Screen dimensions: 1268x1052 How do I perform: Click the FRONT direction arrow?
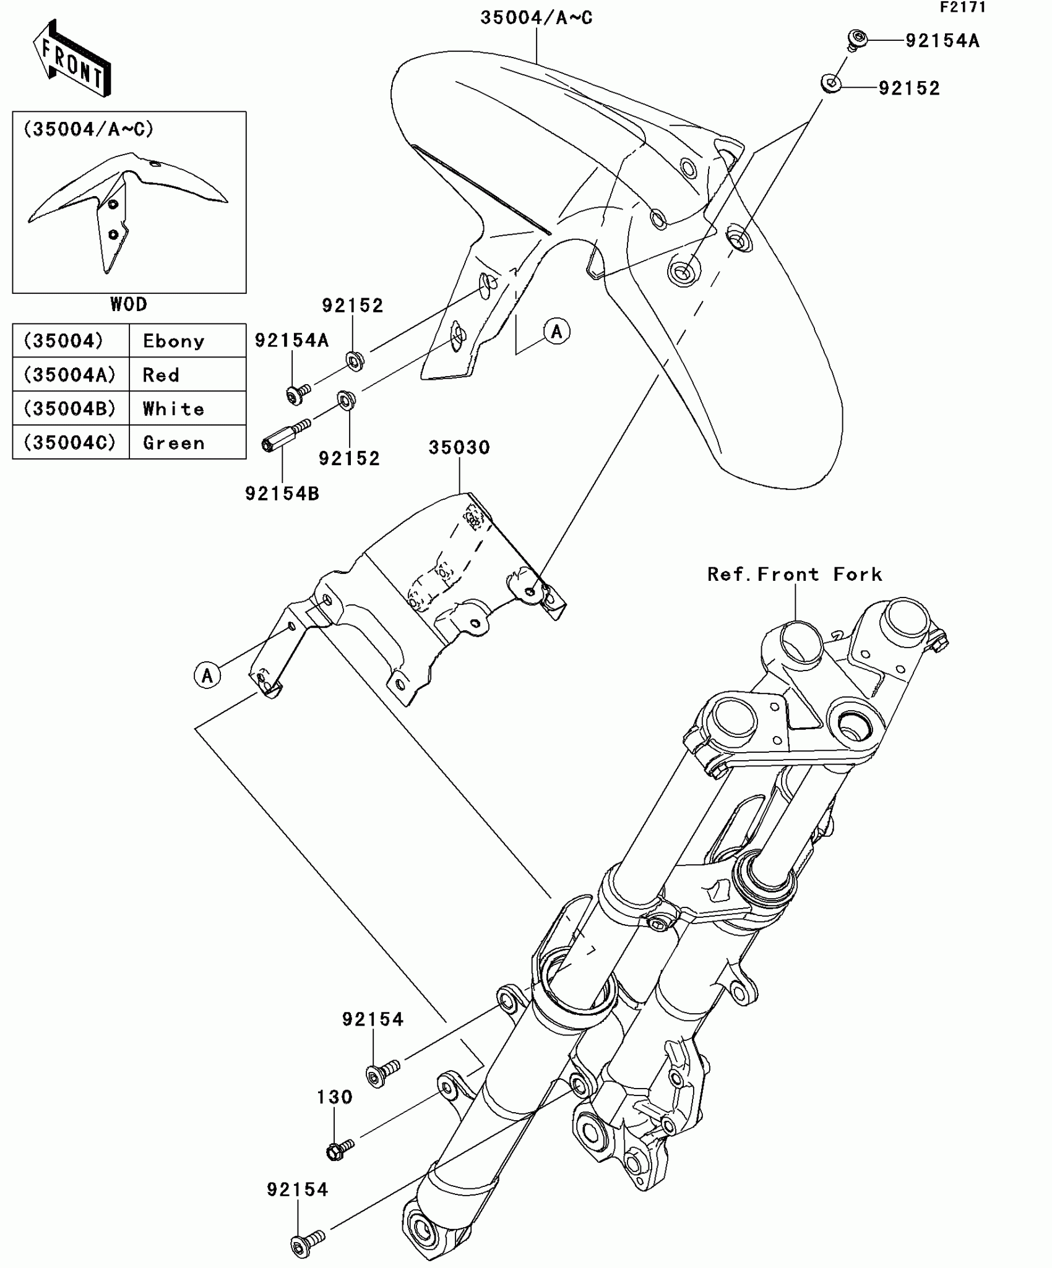pos(71,59)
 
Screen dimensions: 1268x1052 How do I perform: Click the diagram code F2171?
pos(962,7)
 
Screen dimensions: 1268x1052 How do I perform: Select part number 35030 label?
pos(459,448)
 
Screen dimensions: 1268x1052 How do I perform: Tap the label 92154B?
pos(282,494)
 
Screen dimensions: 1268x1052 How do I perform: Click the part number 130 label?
pos(335,1097)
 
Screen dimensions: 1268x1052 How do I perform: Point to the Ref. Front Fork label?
pos(795,575)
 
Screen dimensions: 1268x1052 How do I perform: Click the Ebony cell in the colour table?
pos(173,341)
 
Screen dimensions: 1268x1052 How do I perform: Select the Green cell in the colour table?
pos(173,443)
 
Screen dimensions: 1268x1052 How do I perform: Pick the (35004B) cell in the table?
pos(70,409)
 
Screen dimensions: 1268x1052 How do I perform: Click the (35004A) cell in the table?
pos(70,375)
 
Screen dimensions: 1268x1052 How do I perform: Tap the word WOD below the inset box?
pos(129,304)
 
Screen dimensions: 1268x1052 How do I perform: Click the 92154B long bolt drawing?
pos(285,435)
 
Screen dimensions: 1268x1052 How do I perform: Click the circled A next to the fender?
pos(557,332)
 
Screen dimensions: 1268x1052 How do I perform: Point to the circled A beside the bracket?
pos(207,675)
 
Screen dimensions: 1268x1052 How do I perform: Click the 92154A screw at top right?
pos(856,39)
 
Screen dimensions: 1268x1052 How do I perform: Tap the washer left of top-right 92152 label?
pos(832,83)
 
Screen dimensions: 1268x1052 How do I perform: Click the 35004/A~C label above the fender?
pos(536,18)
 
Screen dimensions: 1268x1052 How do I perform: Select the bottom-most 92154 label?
pos(298,1189)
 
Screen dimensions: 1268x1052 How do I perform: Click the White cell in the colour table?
pos(173,409)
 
